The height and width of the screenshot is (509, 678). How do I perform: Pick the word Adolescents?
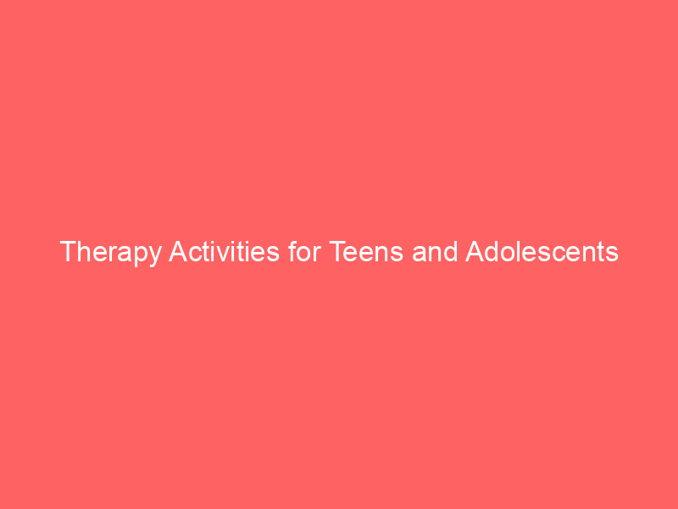tap(542, 252)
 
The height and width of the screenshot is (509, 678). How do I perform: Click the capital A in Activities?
tap(178, 252)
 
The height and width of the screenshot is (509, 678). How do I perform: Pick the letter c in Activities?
tap(193, 254)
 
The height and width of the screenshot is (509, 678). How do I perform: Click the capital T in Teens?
tap(336, 252)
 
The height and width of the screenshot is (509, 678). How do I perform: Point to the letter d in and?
tap(449, 252)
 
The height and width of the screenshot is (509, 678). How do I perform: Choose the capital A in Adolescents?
tap(475, 252)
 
